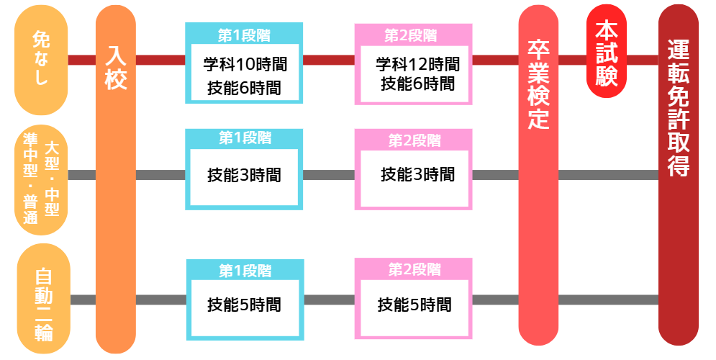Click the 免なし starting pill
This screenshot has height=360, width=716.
coord(40,60)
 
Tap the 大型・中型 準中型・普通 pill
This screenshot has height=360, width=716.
coord(41,179)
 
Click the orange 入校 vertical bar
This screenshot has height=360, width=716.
coord(115,180)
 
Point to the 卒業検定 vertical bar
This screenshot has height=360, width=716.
coord(538,180)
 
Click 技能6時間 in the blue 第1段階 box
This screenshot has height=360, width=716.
coord(243,88)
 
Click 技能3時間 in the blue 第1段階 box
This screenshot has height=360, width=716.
coord(243,175)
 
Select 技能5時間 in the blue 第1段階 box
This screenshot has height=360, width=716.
coord(243,305)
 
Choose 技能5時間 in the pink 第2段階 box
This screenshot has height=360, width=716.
coord(414,304)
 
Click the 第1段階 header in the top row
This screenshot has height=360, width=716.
coord(244,33)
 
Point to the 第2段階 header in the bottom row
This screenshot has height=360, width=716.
coord(414,269)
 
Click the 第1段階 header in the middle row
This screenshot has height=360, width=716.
coord(244,138)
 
